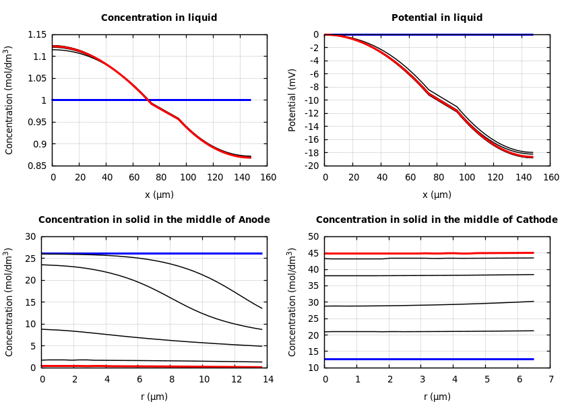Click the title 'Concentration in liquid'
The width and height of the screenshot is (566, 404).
tap(159, 18)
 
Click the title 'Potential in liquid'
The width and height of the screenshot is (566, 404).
tap(437, 18)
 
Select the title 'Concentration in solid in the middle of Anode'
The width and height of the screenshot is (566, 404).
tap(154, 220)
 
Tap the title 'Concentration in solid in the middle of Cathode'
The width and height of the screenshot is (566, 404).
tap(437, 220)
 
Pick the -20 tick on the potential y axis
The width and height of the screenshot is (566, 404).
tap(311, 166)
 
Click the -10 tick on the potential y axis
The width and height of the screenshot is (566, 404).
tap(311, 100)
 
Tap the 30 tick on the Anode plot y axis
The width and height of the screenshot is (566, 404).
tap(30, 236)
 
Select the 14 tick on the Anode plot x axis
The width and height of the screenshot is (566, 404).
tap(268, 380)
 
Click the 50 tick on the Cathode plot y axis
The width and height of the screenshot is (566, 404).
tap(313, 236)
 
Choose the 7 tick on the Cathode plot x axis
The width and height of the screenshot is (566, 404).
tap(551, 380)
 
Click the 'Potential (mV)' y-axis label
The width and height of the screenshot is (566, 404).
tap(292, 100)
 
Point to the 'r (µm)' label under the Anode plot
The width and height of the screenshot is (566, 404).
tap(154, 397)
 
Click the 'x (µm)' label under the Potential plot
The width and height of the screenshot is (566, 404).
tap(437, 195)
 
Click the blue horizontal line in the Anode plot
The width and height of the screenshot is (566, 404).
tap(154, 253)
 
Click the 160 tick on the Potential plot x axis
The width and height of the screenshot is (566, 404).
tap(551, 178)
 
